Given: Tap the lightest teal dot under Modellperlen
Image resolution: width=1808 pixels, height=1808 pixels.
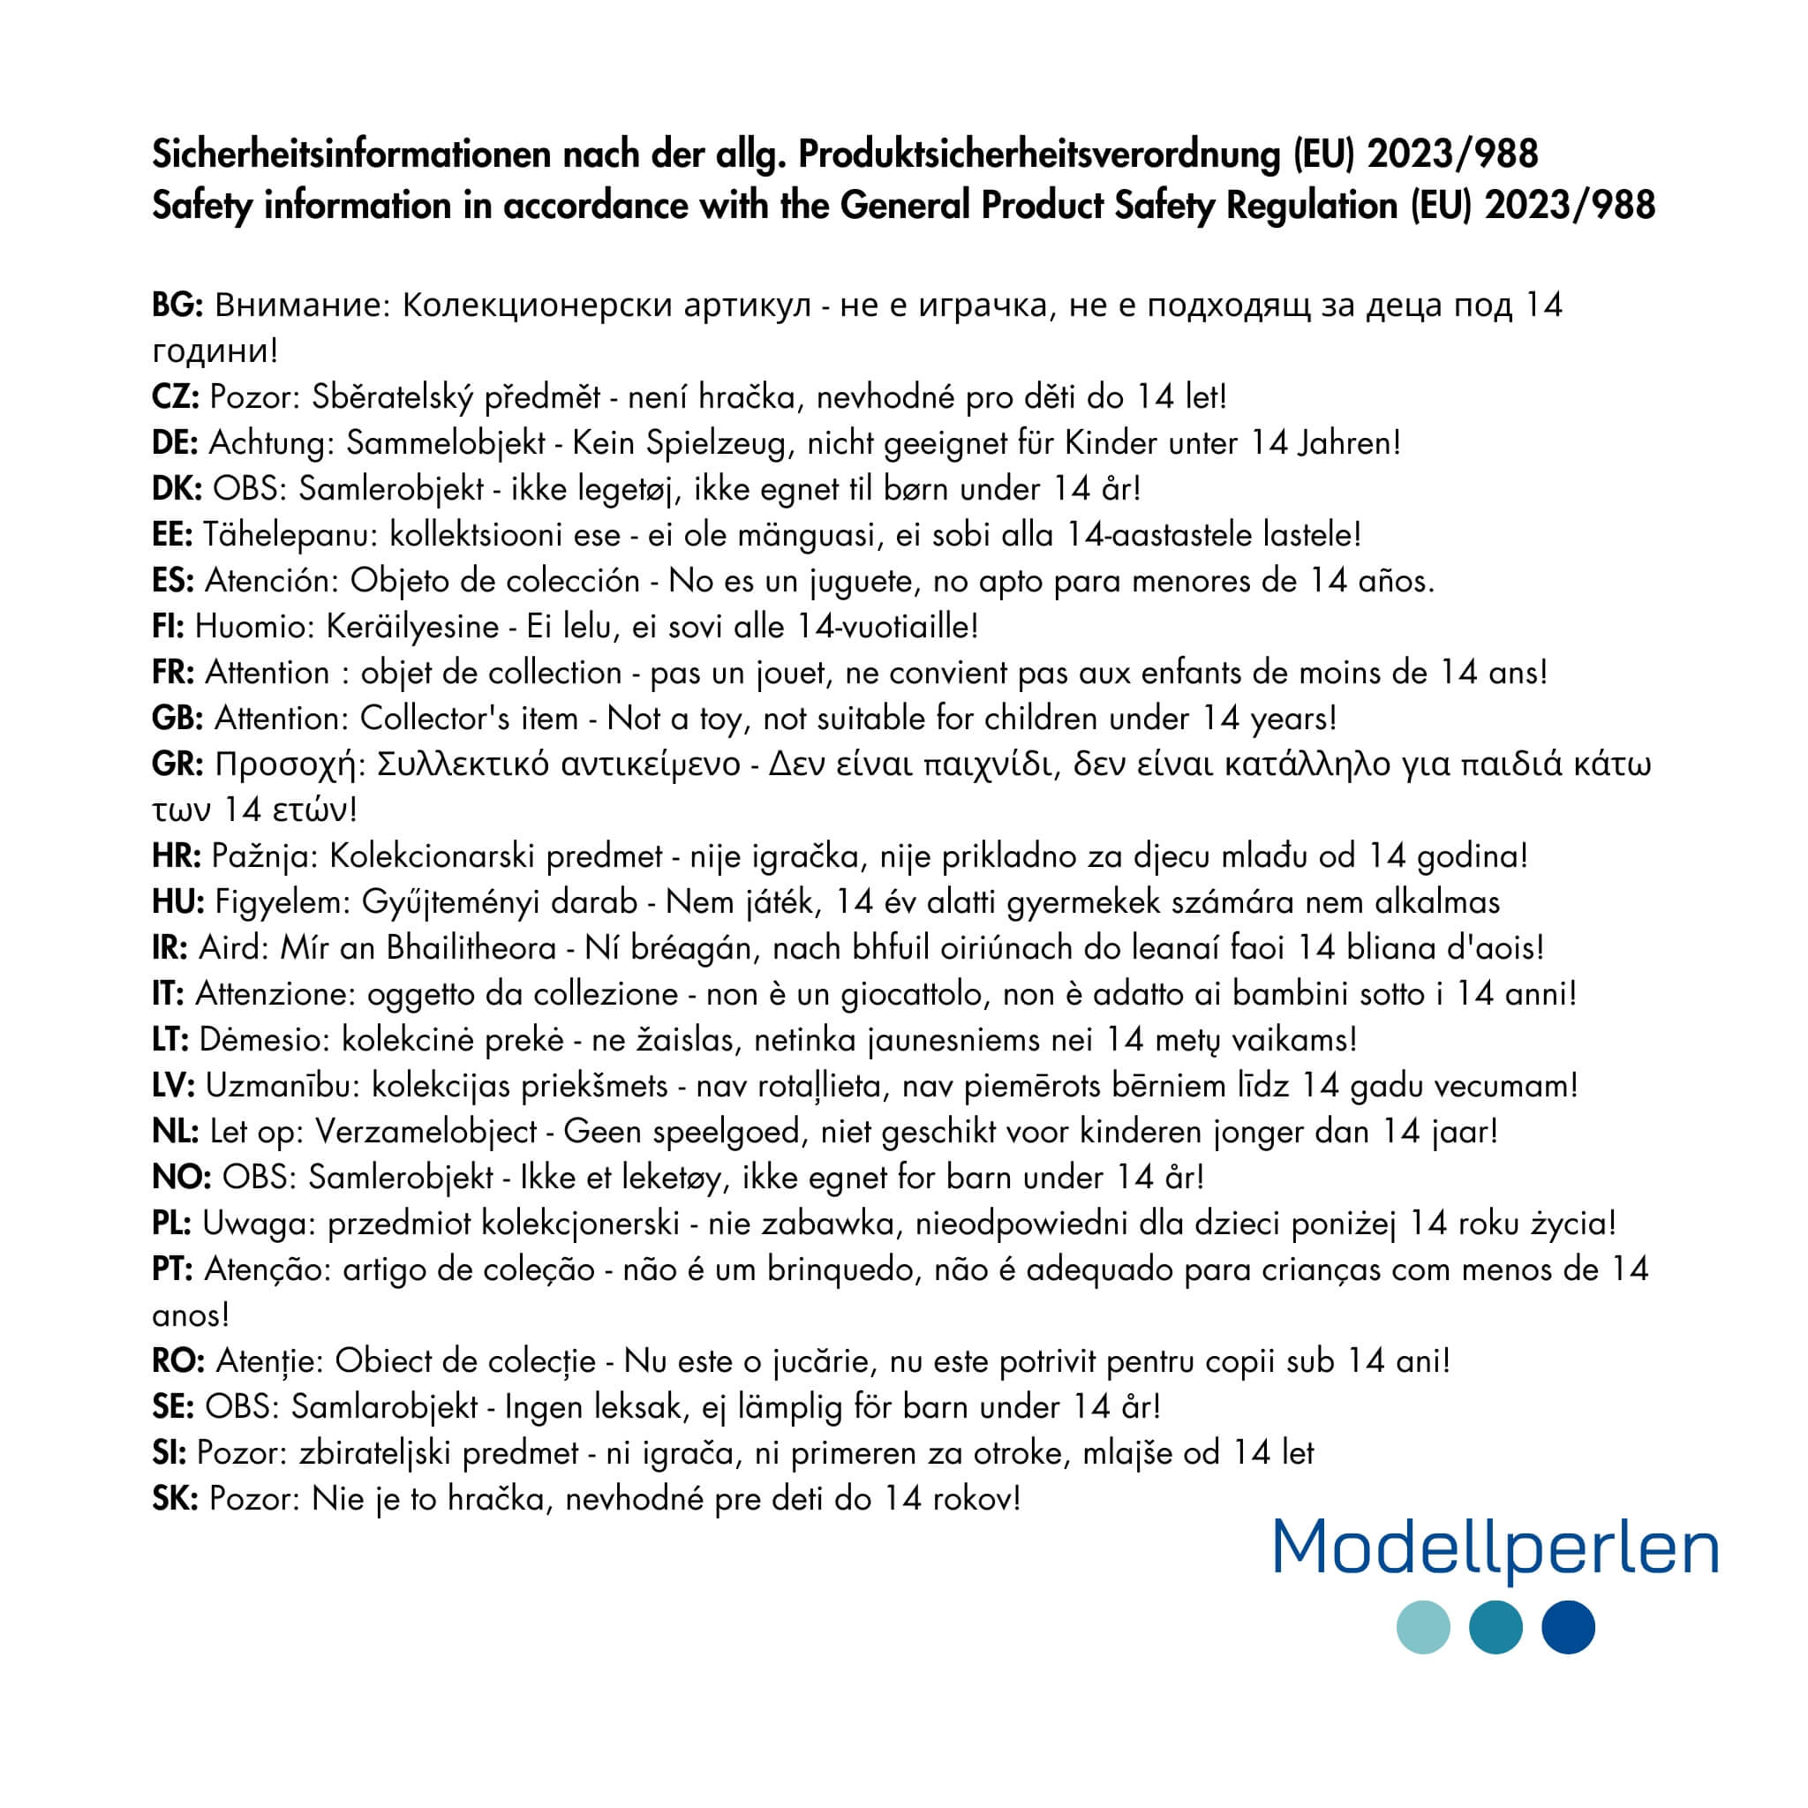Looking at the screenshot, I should point(1423,1627).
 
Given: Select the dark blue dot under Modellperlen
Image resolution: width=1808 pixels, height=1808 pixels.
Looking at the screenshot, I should point(1569,1627).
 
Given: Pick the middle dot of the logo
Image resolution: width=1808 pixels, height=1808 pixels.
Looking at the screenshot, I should point(1495,1627).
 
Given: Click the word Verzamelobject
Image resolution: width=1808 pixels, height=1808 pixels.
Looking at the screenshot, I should point(426,1132).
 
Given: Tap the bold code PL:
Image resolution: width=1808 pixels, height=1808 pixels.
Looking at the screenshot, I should point(172,1223).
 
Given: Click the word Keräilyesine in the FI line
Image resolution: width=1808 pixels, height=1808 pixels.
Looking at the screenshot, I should point(411,626).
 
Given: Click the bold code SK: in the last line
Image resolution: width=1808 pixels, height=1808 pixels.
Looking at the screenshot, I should point(175,1498).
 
